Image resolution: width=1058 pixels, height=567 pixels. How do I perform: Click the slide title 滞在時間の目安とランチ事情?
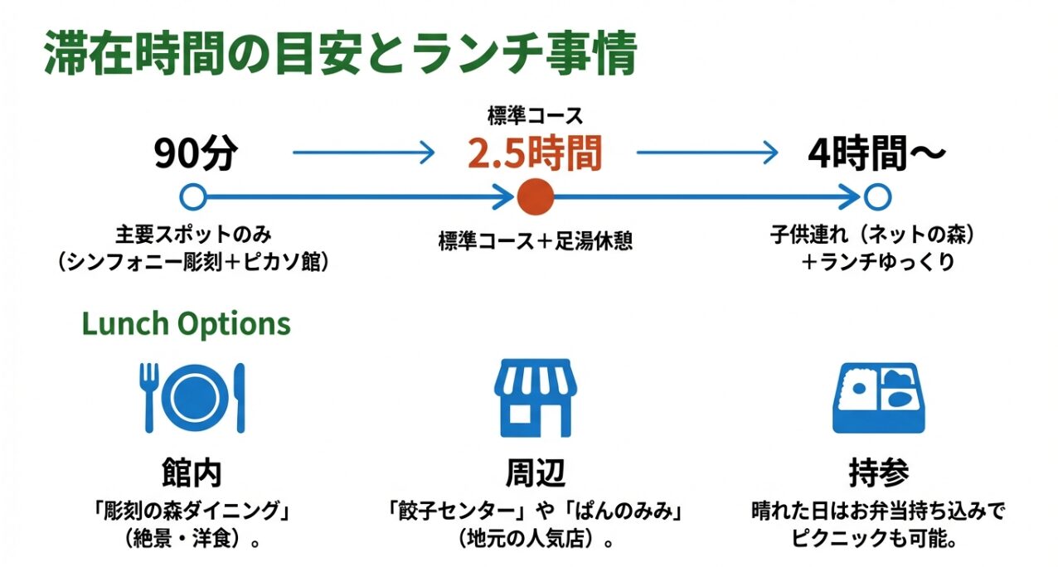[x=340, y=56]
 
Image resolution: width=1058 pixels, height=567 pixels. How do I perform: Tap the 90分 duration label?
[x=196, y=154]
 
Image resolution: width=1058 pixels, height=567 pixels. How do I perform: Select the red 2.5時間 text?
[x=533, y=153]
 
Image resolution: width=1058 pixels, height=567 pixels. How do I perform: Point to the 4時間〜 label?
[x=876, y=154]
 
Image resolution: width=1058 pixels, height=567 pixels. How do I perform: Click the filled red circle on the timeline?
[x=534, y=197]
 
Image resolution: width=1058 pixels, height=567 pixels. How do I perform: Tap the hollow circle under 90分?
[x=193, y=197]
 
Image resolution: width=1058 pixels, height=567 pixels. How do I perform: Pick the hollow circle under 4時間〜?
[x=876, y=197]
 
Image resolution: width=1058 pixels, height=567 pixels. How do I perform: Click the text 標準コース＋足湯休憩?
[x=534, y=241]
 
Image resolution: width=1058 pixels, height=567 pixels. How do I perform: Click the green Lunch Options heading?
[x=186, y=323]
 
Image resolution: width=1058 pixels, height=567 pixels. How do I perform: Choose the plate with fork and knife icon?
[x=193, y=397]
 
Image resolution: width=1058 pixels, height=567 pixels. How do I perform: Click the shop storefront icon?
[x=534, y=397]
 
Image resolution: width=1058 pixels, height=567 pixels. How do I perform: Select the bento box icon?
[x=876, y=397]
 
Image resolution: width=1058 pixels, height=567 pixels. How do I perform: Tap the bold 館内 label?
[x=192, y=472]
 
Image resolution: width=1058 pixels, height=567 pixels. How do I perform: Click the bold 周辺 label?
[x=534, y=472]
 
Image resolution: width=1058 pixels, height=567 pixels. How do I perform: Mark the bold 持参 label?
[x=878, y=472]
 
